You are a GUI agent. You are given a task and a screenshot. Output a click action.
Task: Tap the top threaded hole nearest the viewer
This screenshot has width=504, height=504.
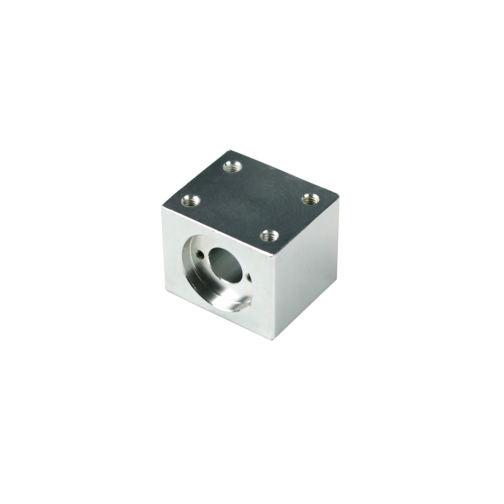pos(268,236)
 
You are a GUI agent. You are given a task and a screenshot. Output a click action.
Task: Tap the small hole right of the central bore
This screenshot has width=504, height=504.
pos(249,277)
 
